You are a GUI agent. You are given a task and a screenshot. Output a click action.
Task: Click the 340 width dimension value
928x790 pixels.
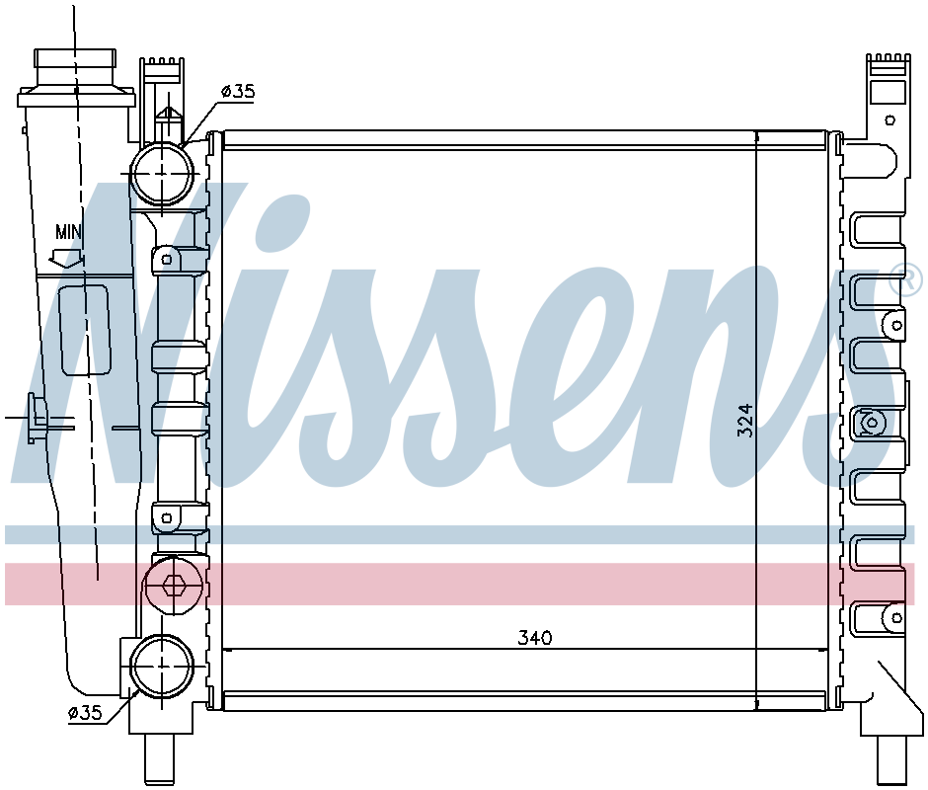coord(535,638)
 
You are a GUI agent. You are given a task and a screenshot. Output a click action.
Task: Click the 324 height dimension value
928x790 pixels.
coord(745,420)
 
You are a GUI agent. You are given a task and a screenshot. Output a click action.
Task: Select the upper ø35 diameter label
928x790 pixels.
coord(238,92)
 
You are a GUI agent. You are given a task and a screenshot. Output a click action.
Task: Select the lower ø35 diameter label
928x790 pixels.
coord(85,713)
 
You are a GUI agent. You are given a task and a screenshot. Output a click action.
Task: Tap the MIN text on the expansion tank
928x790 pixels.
coord(68,232)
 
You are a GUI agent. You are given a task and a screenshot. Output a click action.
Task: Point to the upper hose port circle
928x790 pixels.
coord(161,174)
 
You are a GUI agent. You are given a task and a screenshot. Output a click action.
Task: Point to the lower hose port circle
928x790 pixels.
coord(161,667)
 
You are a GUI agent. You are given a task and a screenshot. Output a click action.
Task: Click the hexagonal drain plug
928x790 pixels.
coord(174,585)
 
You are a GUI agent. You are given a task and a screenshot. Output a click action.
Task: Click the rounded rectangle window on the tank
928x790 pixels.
coord(86,331)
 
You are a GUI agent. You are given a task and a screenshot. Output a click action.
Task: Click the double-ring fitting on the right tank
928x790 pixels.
coord(871,423)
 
